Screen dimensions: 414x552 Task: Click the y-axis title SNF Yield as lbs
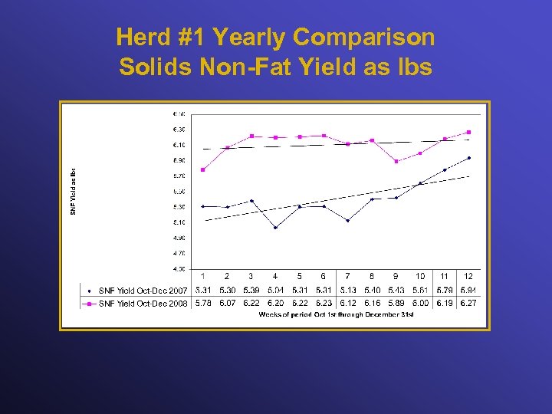(74, 191)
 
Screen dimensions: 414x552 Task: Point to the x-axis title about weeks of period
(336, 314)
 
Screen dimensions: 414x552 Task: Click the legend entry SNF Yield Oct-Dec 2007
(143, 291)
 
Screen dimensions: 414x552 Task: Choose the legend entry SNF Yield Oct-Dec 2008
(143, 304)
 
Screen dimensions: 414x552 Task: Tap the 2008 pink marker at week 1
(202, 169)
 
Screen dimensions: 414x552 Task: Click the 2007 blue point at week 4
(275, 227)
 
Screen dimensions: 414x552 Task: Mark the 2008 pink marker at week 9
(396, 161)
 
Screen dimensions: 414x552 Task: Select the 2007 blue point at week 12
(468, 158)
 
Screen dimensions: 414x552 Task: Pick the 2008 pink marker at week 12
(468, 132)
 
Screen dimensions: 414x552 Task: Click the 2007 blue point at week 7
(348, 220)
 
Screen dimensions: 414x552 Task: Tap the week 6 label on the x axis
(324, 276)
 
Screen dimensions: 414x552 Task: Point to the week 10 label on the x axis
(420, 276)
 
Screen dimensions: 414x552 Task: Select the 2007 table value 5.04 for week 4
(275, 291)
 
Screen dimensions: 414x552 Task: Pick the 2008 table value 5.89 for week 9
(396, 304)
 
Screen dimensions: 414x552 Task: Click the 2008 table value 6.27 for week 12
(468, 304)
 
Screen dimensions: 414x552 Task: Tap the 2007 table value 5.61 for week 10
(420, 291)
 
